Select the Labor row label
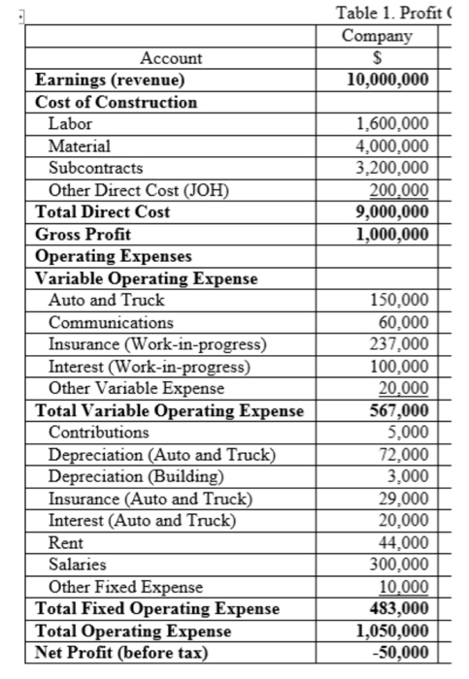pos(68,124)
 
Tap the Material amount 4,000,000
pos(393,145)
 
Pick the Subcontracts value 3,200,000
pos(393,167)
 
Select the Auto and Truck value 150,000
pos(401,301)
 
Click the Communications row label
pos(111,322)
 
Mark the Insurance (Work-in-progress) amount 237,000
pos(401,343)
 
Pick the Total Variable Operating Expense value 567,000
pos(401,410)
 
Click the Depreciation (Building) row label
pos(135,475)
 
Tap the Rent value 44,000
pos(406,542)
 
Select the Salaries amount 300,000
pos(401,565)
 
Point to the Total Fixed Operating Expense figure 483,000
pos(401,608)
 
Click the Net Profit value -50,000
pos(404,652)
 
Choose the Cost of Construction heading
pos(116,102)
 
